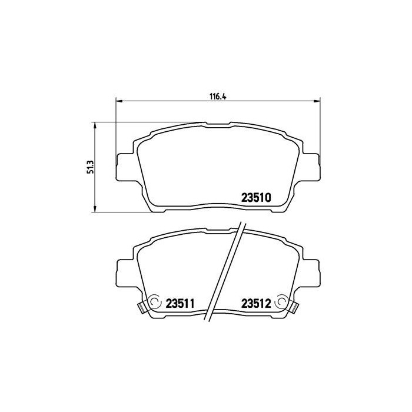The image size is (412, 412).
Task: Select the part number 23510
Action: [256, 198]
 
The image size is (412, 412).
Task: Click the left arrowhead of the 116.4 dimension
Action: [118, 101]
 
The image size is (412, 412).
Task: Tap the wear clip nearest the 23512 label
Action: [294, 306]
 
